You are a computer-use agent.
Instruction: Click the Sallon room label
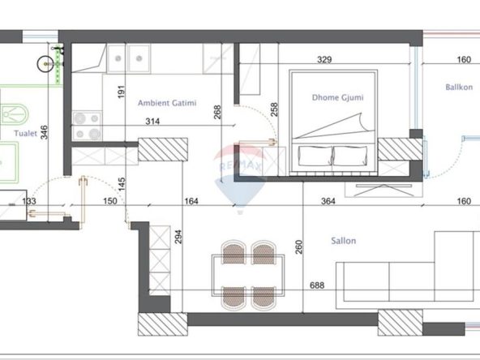[344, 241]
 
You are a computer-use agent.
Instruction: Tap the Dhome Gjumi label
[337, 97]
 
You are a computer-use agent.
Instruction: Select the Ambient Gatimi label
[167, 103]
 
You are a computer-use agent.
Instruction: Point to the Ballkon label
[459, 88]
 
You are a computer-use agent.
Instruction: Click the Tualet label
[25, 133]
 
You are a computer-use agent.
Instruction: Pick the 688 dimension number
[317, 285]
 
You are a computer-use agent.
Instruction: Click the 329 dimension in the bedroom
[324, 59]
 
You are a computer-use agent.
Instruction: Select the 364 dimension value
[328, 201]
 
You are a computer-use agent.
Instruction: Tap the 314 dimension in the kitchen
[152, 122]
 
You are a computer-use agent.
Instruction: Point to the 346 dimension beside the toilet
[45, 132]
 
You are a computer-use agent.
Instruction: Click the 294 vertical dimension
[178, 237]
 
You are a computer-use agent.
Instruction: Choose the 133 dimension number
[29, 201]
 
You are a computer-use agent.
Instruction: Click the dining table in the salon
[248, 276]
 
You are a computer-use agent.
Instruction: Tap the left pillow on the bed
[315, 156]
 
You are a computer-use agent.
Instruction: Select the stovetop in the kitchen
[88, 126]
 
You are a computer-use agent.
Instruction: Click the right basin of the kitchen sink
[139, 58]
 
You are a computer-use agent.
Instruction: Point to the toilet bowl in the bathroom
[15, 115]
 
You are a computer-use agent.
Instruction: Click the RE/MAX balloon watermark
[240, 178]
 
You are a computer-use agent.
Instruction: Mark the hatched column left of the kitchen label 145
[163, 149]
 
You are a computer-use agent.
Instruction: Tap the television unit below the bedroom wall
[384, 190]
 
